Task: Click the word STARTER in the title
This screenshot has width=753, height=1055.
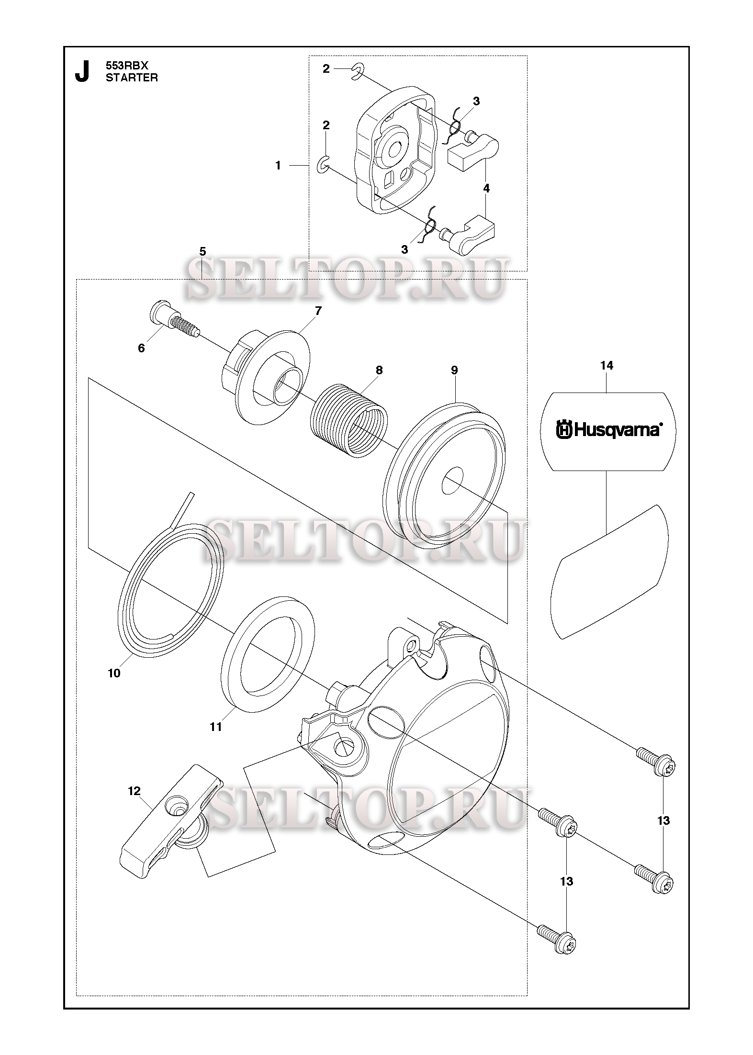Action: pyautogui.click(x=132, y=78)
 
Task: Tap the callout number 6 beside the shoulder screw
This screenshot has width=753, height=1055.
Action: pyautogui.click(x=141, y=348)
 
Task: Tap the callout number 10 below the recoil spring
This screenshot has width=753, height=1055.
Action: pyautogui.click(x=114, y=673)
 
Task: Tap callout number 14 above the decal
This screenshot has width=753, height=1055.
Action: pyautogui.click(x=607, y=366)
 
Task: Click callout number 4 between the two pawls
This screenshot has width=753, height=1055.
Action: pyautogui.click(x=486, y=189)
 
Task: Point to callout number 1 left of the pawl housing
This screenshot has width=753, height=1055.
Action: pyautogui.click(x=278, y=166)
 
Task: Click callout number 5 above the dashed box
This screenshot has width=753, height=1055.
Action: pyautogui.click(x=202, y=251)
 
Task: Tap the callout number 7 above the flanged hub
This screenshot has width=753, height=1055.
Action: pyautogui.click(x=318, y=311)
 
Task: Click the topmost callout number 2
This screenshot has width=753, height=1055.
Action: pyautogui.click(x=326, y=69)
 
